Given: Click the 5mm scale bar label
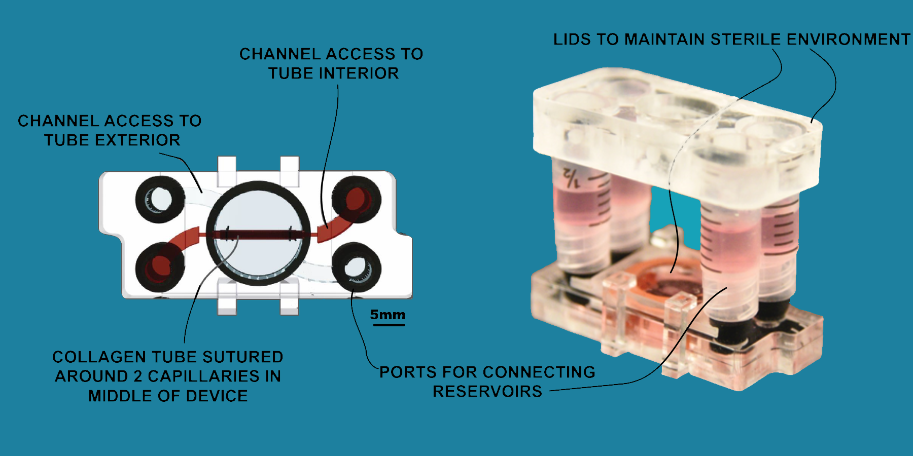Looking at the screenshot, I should (388, 315).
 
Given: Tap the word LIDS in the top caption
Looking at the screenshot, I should (572, 40).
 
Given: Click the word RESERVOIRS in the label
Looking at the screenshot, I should (487, 392).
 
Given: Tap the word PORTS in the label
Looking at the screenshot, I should (408, 372).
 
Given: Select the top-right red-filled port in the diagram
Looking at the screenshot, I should (357, 200).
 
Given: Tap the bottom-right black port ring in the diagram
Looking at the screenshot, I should (357, 267).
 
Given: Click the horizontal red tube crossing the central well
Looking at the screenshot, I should (258, 235).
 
